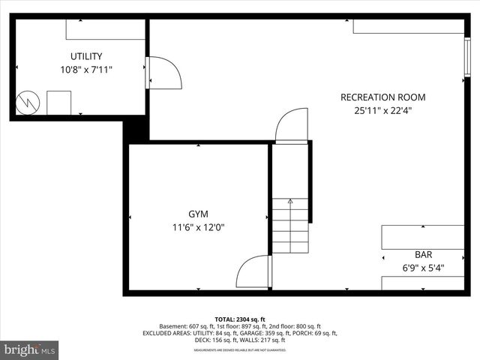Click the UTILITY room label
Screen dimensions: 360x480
pos(86,56)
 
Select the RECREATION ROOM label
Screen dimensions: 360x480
pos(382,97)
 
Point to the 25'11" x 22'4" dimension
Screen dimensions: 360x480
pos(382,110)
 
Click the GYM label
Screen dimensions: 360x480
pos(198,214)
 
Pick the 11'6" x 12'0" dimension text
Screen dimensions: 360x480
pos(198,227)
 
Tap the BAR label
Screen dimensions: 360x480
pos(423,254)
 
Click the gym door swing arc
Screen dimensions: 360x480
pos(253,272)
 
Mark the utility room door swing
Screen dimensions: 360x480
pos(164,73)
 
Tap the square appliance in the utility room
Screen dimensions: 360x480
pos(58,103)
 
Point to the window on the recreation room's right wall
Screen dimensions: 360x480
pos(467,56)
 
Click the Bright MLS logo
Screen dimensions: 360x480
pos(30,349)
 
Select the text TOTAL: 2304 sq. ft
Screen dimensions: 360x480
pos(240,319)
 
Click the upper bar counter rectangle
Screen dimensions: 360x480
pos(422,237)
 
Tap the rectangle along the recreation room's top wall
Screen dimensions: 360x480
pos(408,26)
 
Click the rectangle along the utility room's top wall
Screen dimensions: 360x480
pos(105,29)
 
